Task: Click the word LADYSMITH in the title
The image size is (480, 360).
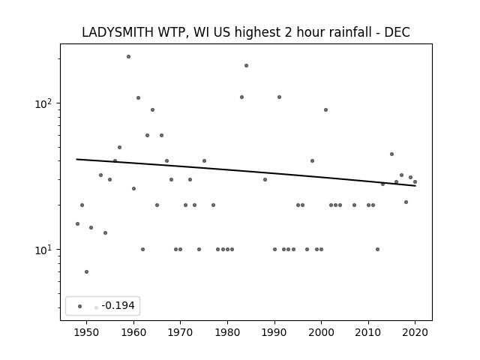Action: click(x=118, y=32)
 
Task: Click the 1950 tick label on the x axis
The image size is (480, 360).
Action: click(x=86, y=332)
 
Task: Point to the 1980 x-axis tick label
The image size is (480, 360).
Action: click(x=227, y=332)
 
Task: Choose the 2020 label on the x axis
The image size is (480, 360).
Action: click(x=415, y=332)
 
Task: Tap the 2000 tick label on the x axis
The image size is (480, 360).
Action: click(x=321, y=332)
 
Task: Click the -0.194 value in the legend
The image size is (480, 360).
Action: click(x=118, y=305)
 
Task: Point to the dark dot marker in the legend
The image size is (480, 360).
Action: click(x=79, y=306)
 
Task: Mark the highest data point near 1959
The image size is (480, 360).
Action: click(x=128, y=57)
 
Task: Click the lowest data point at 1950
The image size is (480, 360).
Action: click(x=87, y=271)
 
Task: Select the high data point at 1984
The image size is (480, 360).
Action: click(x=246, y=65)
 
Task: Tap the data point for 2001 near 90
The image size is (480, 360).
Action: click(x=325, y=110)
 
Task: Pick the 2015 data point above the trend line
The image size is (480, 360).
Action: click(x=391, y=154)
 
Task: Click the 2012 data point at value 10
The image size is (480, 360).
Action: click(x=377, y=249)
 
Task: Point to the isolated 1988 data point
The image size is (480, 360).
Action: click(x=265, y=179)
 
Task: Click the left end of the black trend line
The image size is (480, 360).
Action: click(x=76, y=159)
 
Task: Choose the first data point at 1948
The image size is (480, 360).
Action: click(x=77, y=223)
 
